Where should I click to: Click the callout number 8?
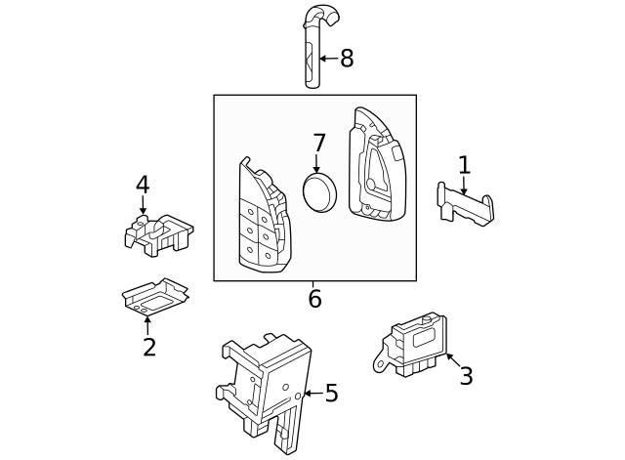[346, 59]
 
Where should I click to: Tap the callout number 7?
[318, 144]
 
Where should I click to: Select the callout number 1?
[464, 165]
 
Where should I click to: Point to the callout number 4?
[143, 185]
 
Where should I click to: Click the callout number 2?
[148, 347]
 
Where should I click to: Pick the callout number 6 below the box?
[314, 300]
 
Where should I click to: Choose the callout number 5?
[331, 394]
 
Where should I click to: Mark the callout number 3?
[466, 375]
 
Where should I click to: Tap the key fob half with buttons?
[262, 220]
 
